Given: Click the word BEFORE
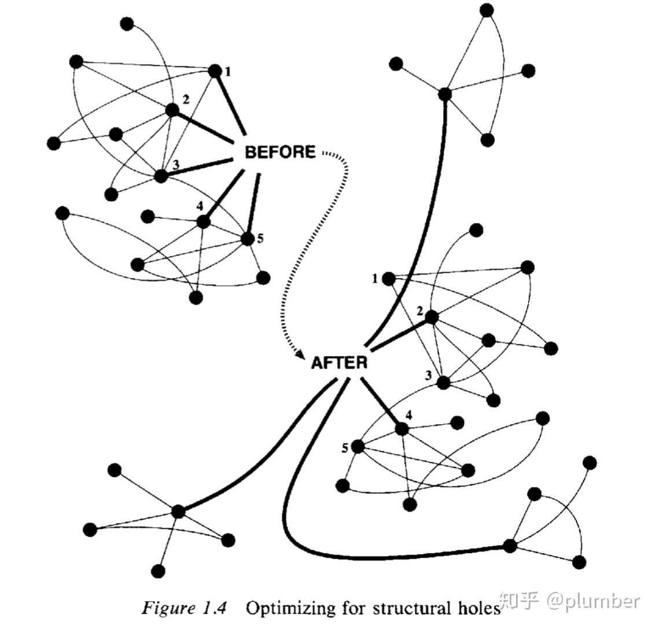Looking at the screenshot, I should tap(281, 152).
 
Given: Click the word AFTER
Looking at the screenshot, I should tap(339, 363).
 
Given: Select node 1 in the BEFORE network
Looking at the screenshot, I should tap(215, 71).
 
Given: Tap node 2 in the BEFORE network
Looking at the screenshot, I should tap(172, 110).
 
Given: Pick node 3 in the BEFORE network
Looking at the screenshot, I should tap(161, 176).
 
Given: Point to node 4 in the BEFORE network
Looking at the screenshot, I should tap(202, 221).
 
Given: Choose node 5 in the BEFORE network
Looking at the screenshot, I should tap(247, 239).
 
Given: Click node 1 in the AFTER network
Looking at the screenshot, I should tap(389, 279).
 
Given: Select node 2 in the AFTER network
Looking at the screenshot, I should tap(431, 317).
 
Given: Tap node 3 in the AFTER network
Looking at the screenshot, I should tap(443, 383).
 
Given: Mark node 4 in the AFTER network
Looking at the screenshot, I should tap(401, 429).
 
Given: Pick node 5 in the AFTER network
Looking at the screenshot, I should tap(358, 447).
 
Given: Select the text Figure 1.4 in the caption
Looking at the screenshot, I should tap(185, 609).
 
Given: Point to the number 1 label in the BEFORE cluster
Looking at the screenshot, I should tap(228, 72).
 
